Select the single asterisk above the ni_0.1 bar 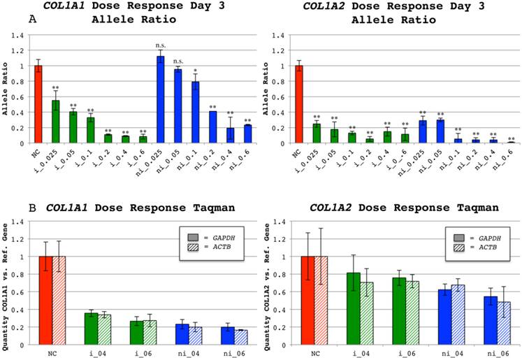pos(196,70)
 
